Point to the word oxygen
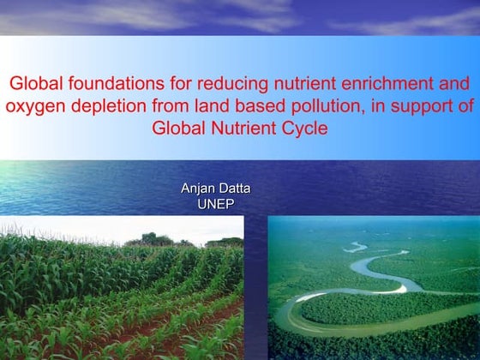pyautogui.click(x=33, y=107)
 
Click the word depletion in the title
pyautogui.click(x=104, y=106)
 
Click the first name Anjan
pyautogui.click(x=197, y=189)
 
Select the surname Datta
pyautogui.click(x=233, y=189)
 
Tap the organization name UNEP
pyautogui.click(x=215, y=204)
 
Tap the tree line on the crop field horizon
pyautogui.click(x=154, y=240)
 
